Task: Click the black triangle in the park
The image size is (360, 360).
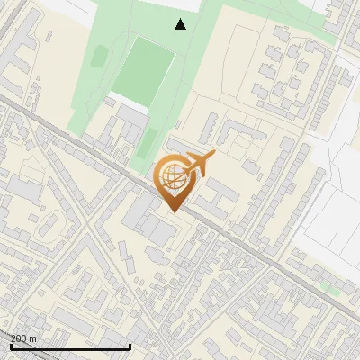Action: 181,24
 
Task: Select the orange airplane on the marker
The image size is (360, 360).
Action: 198,164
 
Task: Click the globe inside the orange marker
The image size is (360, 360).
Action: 172,177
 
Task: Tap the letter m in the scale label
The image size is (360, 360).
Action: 34,338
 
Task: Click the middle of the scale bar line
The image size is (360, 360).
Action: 71,346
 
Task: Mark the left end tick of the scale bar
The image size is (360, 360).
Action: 12,346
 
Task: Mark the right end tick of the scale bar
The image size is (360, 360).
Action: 130,346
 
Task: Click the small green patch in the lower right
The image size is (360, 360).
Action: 332,291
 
